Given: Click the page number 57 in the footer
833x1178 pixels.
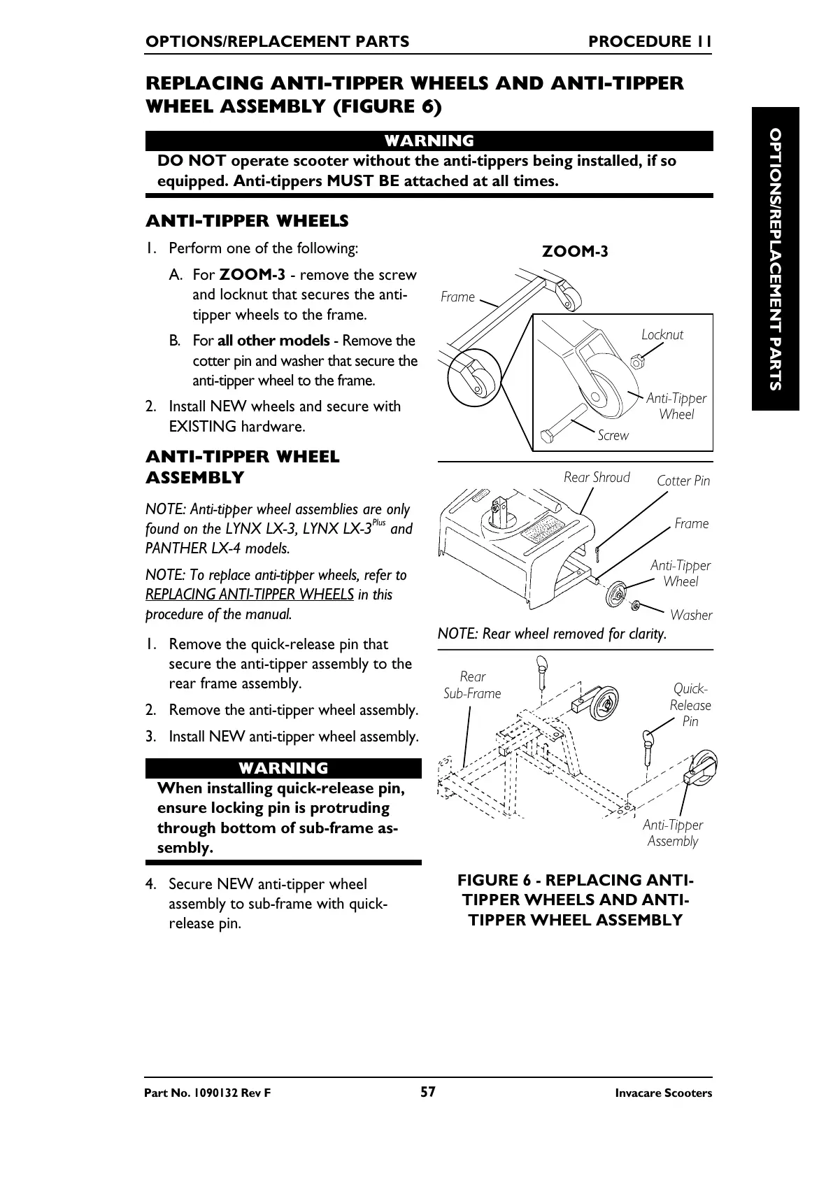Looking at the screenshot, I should click(x=428, y=1092).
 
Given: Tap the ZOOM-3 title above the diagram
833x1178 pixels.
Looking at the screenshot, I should click(x=575, y=251).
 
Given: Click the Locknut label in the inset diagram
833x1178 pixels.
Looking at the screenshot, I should click(x=662, y=334).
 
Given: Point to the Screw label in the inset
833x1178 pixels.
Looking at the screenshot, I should click(x=613, y=435).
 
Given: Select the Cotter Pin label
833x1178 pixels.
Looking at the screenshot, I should click(x=683, y=481).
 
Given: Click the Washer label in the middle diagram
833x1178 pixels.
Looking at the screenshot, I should click(x=690, y=615).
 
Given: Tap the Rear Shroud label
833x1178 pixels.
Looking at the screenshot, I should click(x=597, y=477).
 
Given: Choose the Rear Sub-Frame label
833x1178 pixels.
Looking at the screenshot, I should click(x=473, y=685).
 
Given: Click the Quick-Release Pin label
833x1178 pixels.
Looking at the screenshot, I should click(x=690, y=705).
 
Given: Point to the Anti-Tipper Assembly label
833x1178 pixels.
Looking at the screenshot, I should click(x=673, y=833).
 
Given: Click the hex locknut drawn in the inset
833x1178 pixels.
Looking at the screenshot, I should click(x=636, y=362).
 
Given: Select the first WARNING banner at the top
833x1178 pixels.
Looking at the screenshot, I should click(x=429, y=141).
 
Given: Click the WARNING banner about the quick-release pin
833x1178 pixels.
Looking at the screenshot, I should click(x=283, y=768).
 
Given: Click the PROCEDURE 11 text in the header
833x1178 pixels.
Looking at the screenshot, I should click(x=650, y=41).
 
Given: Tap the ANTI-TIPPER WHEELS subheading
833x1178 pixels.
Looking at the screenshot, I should click(x=247, y=221).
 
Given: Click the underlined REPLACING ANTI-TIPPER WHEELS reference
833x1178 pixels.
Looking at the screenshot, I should click(x=250, y=595).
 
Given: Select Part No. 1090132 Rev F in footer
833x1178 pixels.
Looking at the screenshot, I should click(x=207, y=1093).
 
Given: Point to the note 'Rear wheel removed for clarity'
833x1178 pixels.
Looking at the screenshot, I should click(x=552, y=634).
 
